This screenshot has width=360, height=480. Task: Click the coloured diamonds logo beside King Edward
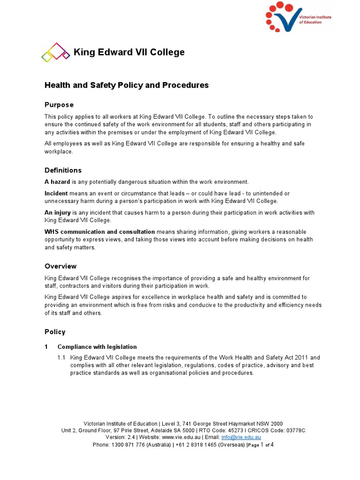pos(55,52)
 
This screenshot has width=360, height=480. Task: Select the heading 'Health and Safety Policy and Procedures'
pos(126,85)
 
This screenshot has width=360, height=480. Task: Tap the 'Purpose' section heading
pos(59,105)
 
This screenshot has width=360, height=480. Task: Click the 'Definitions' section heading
pos(63,170)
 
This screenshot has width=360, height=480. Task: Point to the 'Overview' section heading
pos(60,266)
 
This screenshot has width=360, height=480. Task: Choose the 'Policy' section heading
pos(55,332)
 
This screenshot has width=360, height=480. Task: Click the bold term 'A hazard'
pos(57,182)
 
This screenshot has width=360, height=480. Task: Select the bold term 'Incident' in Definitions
pos(56,194)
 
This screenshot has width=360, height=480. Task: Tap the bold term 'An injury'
pos(57,213)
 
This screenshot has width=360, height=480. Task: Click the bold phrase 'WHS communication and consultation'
pos(99,232)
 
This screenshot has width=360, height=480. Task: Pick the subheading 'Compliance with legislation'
pos(97,347)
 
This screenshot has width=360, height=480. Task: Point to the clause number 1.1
pos(61,358)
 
